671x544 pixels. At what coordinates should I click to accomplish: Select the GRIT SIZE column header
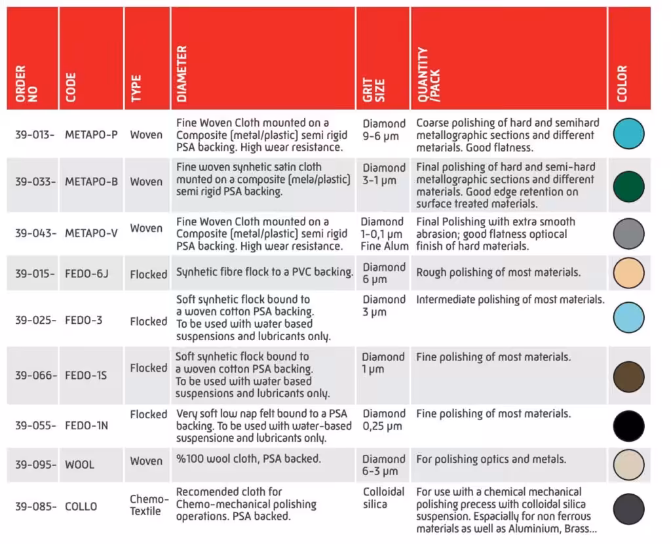pos(374,90)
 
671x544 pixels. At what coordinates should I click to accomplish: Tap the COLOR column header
pos(622,84)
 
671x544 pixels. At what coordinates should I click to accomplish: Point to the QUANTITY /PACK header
pos(429,75)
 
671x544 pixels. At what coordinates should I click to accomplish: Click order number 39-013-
pos(35,135)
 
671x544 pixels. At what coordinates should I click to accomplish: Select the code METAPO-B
pos(91,182)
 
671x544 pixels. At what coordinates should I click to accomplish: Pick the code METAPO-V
pos(91,233)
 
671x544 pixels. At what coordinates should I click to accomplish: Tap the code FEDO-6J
pos(86,273)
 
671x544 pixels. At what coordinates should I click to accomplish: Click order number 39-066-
pos(36,376)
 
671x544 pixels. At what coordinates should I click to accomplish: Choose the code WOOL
pos(79,465)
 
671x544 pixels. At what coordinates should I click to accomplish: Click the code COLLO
pos(81,507)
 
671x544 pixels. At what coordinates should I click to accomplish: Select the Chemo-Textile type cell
pos(149,505)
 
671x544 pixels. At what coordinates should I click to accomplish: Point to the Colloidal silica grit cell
pos(383,497)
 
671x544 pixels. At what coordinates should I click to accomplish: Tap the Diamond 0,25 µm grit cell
pos(384,420)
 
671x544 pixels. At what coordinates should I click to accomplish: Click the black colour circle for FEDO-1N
pos(628,426)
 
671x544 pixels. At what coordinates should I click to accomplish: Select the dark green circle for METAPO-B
pos(628,186)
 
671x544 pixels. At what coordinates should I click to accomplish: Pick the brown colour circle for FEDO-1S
pos(628,377)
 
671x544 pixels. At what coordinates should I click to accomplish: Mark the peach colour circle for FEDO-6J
pos(628,273)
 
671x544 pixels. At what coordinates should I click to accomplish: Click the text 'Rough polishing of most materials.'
pos(499,273)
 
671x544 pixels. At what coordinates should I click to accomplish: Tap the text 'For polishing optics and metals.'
pos(491,459)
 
